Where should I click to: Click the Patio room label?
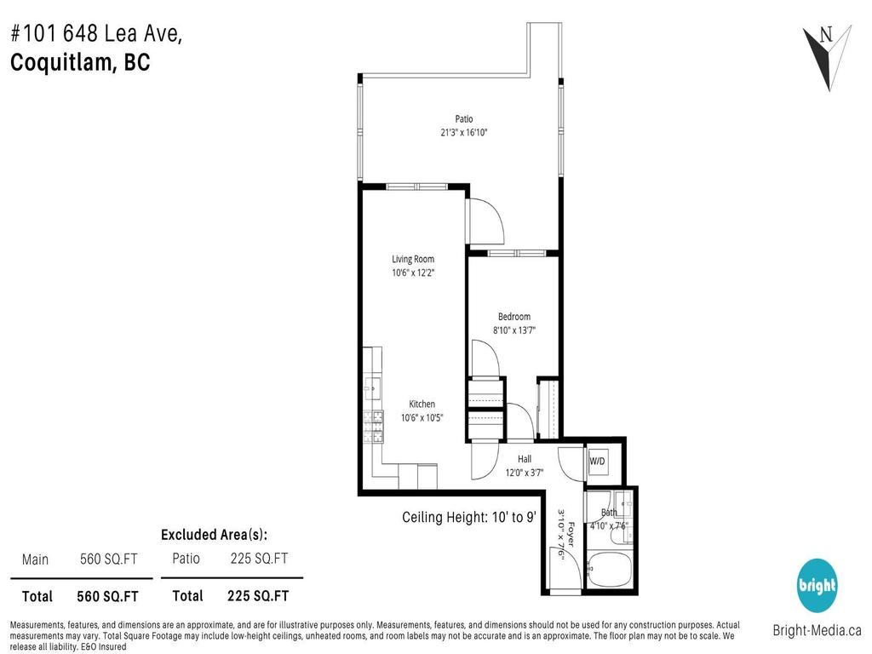click(x=463, y=119)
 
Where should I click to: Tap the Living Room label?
click(x=413, y=259)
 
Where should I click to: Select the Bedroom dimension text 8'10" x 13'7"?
click(x=514, y=330)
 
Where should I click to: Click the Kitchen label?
click(x=422, y=404)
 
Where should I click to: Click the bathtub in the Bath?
click(x=610, y=568)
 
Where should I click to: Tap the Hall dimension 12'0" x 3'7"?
click(x=525, y=473)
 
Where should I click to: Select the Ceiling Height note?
click(x=468, y=516)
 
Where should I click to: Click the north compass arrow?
click(x=826, y=55)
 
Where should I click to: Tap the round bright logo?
click(x=817, y=585)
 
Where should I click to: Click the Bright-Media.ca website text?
click(x=817, y=631)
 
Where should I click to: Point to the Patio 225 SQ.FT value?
click(x=259, y=559)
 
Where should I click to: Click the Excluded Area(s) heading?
click(x=214, y=535)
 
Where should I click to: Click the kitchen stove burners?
click(x=373, y=427)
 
